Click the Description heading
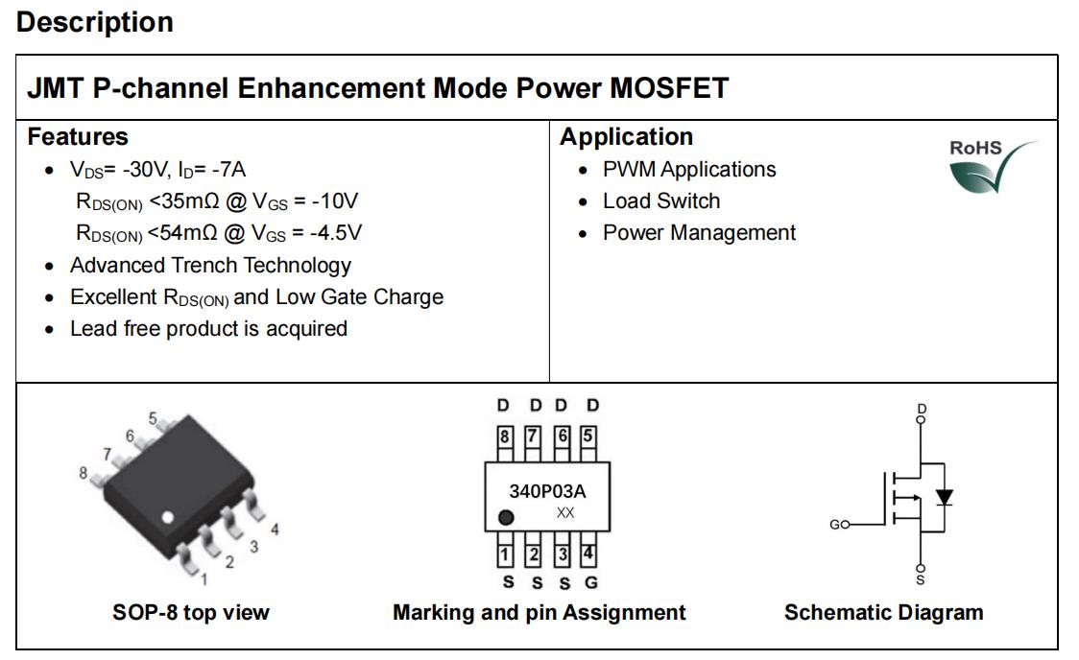tap(95, 23)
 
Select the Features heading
tap(78, 136)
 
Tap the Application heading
tap(626, 137)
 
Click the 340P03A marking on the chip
tap(548, 491)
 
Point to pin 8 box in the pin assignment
tap(505, 436)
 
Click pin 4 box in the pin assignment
tap(588, 554)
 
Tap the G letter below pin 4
tap(591, 583)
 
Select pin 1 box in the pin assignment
tap(505, 554)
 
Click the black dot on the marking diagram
tap(506, 517)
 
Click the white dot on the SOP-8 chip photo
tap(168, 517)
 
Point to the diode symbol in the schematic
tap(945, 497)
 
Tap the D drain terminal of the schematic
tap(922, 413)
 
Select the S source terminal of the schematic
tap(921, 575)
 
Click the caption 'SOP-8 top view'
tap(191, 612)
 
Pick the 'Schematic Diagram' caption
tap(883, 612)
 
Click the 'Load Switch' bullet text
tap(661, 200)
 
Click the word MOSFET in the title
tap(669, 88)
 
